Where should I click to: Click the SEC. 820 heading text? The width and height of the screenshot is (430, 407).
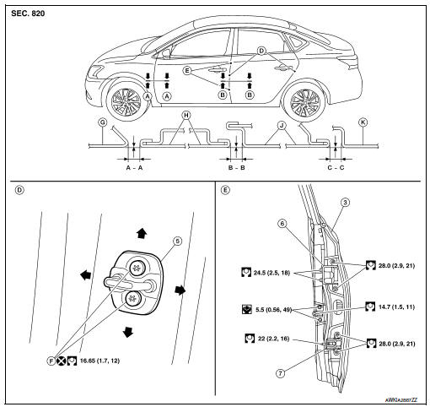coord(28,14)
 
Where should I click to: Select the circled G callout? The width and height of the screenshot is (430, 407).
coord(103,122)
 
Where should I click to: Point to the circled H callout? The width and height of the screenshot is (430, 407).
coord(185,115)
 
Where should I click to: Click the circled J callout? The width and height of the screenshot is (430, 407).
coord(281,125)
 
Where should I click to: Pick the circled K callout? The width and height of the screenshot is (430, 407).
coord(363,122)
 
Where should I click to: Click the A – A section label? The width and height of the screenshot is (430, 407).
coord(134,168)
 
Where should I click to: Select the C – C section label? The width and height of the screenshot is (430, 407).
coord(336,168)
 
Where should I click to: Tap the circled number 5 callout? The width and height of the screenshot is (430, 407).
coord(177,241)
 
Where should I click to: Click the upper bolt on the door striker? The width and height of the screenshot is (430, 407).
coord(137,267)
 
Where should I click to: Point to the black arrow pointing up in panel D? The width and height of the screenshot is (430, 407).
coord(142,233)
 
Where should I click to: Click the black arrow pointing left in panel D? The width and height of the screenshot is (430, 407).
coord(85,274)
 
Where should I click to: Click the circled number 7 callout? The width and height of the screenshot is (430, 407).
coord(280,373)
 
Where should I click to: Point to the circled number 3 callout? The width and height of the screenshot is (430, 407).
coord(346,202)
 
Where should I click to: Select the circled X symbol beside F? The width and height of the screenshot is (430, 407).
coord(61,361)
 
